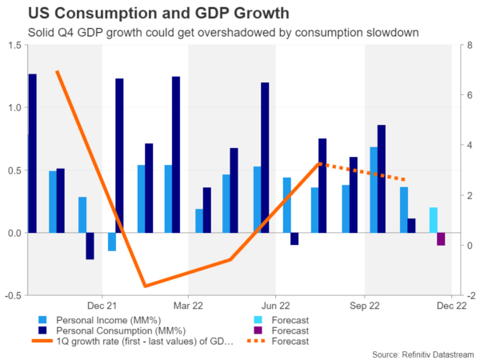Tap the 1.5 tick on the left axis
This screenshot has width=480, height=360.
(x=12, y=46)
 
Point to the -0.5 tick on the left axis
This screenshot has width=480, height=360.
(x=10, y=295)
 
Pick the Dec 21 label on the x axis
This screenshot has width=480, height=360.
(x=102, y=306)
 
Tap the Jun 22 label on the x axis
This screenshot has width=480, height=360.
(x=275, y=306)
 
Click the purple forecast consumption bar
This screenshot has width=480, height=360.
(x=441, y=239)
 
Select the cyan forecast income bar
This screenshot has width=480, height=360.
(x=434, y=220)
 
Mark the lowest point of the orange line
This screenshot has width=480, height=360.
(x=145, y=286)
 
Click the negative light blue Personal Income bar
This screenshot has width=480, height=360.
(x=112, y=242)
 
